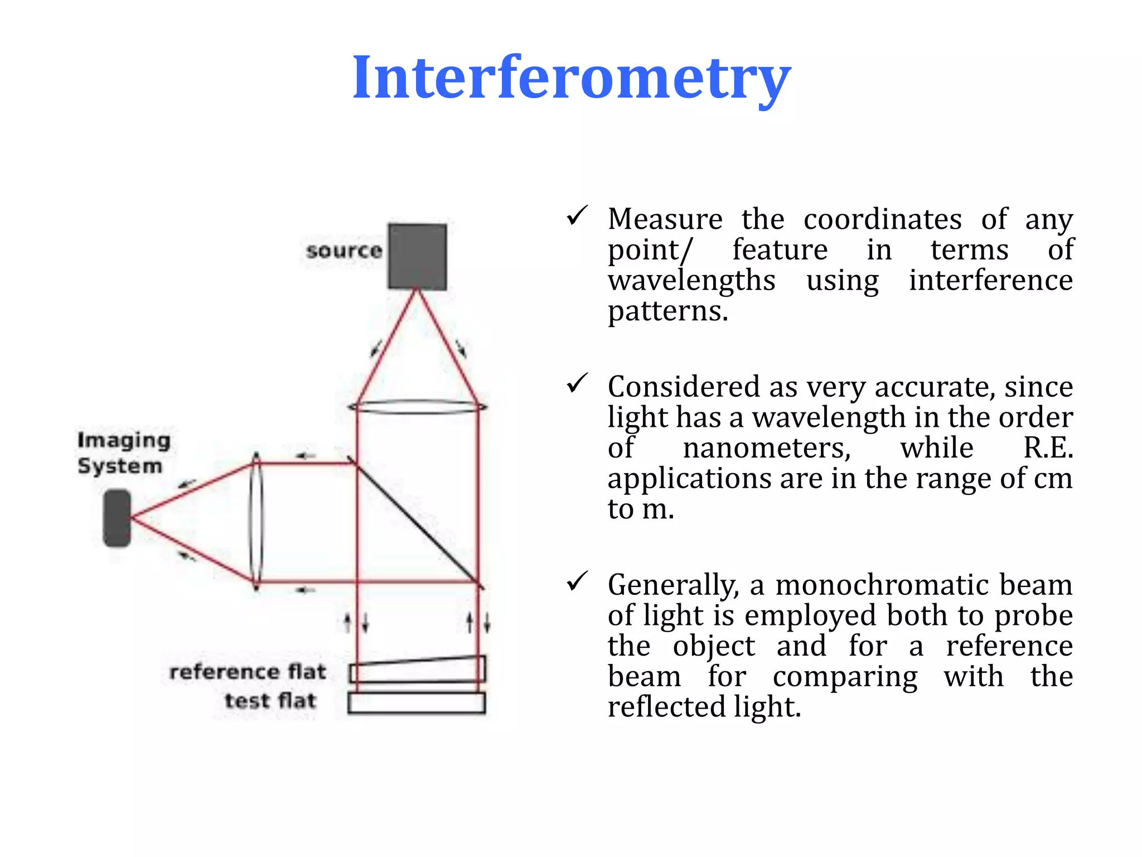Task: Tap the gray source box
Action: pyautogui.click(x=417, y=256)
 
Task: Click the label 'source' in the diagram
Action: pyautogui.click(x=344, y=251)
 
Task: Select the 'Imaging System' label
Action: pyautogui.click(x=123, y=452)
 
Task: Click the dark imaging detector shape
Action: pyautogui.click(x=117, y=518)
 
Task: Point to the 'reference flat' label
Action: pyautogui.click(x=248, y=672)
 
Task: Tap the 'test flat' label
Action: pyautogui.click(x=270, y=701)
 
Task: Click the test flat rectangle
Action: pyautogui.click(x=417, y=702)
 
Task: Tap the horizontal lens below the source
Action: pyautogui.click(x=417, y=407)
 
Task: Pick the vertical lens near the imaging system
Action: pyautogui.click(x=256, y=522)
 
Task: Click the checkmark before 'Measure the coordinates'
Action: pyautogui.click(x=577, y=215)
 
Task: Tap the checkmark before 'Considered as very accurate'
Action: pyautogui.click(x=577, y=383)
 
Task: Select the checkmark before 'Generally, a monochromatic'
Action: pyautogui.click(x=577, y=581)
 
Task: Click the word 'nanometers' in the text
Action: pyautogui.click(x=767, y=448)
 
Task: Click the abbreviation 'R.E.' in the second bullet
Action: pyautogui.click(x=1048, y=448)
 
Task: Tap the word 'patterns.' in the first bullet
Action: pyautogui.click(x=667, y=311)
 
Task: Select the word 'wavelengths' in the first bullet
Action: pyautogui.click(x=691, y=281)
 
